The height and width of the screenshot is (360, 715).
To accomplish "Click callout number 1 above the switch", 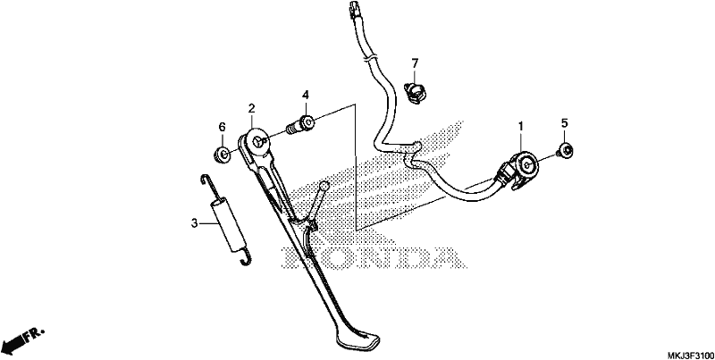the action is pyautogui.click(x=521, y=125).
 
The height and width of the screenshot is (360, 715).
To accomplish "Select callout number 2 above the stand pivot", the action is pyautogui.click(x=251, y=108).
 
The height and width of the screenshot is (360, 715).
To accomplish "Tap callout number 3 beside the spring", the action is pyautogui.click(x=194, y=223).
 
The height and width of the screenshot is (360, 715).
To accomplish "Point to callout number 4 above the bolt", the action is pyautogui.click(x=305, y=96).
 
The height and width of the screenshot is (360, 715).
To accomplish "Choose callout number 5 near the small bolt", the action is pyautogui.click(x=564, y=123).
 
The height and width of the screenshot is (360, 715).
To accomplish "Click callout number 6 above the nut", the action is pyautogui.click(x=222, y=127).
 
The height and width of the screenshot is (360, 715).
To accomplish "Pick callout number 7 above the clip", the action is pyautogui.click(x=415, y=63).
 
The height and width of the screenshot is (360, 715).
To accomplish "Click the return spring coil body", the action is pyautogui.click(x=230, y=225).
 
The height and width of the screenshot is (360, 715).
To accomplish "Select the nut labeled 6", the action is pyautogui.click(x=223, y=154).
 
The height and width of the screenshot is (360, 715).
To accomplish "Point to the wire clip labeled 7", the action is pyautogui.click(x=413, y=93).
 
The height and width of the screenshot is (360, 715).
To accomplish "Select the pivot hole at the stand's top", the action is pyautogui.click(x=258, y=141).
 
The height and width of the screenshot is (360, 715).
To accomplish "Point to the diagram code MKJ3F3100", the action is pyautogui.click(x=690, y=355).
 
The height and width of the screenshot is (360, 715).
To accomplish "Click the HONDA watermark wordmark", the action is pyautogui.click(x=373, y=257).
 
